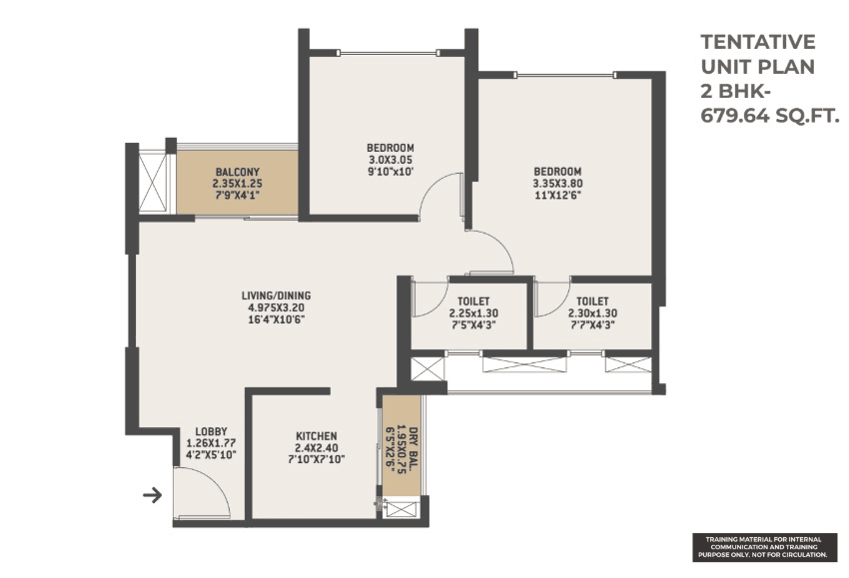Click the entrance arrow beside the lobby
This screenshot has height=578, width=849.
tap(153, 493)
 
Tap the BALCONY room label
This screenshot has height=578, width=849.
tap(236, 172)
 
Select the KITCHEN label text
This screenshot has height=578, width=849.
tap(316, 436)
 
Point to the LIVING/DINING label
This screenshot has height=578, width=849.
tap(276, 295)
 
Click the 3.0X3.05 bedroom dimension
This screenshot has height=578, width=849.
tap(391, 160)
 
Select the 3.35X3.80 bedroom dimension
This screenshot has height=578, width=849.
tap(557, 184)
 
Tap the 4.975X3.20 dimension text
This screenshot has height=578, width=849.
tap(276, 307)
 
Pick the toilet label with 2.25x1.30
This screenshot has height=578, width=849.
tap(473, 299)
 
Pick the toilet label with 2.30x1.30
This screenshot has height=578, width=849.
tap(592, 299)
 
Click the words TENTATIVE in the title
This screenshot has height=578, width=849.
tap(758, 42)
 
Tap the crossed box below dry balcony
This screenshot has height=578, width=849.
tap(403, 508)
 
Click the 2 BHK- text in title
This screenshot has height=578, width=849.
tap(730, 92)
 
